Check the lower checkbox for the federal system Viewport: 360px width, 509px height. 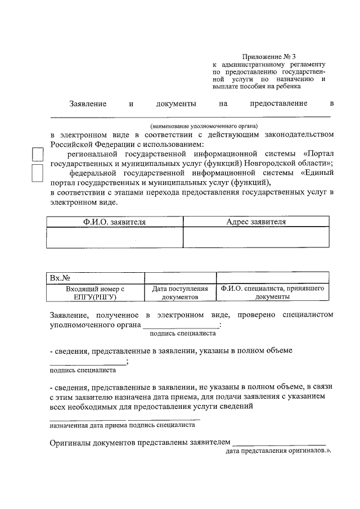(x=37, y=173)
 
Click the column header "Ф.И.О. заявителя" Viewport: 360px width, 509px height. (x=114, y=222)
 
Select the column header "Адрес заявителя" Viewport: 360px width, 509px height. (x=256, y=222)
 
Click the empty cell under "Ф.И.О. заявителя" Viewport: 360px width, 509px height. (x=114, y=237)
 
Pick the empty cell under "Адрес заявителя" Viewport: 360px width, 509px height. (x=256, y=237)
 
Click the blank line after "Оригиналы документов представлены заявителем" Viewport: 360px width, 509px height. (x=279, y=444)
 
